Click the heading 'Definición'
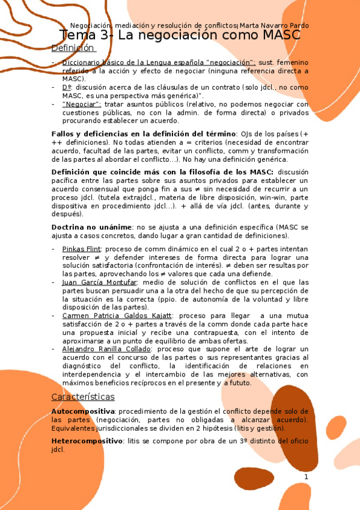(x=73, y=48)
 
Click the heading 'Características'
(x=83, y=397)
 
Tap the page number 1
(x=306, y=477)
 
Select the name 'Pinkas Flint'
(x=82, y=248)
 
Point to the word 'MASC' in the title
(x=281, y=35)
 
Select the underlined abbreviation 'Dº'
(x=66, y=87)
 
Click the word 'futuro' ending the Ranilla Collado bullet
(x=240, y=382)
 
